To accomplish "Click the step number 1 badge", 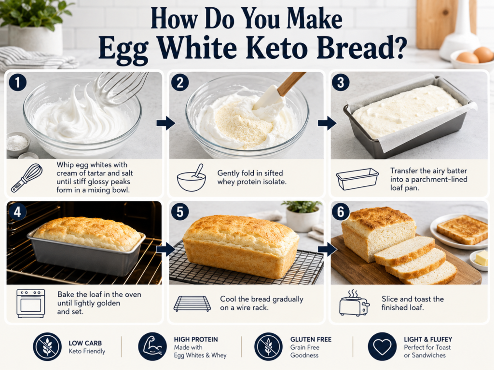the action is coord(18,82).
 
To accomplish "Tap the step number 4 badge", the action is coord(17,211).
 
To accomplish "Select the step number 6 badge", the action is coord(341,211).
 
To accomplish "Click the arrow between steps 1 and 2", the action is coord(166,123).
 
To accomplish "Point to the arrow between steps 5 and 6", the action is coord(328,250).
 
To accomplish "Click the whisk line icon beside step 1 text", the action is coord(27,178).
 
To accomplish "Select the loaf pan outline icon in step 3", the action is coord(357,179).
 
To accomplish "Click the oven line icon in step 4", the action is coord(30,304).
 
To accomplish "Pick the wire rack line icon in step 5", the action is coord(192,304).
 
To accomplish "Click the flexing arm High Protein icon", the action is coord(152,346).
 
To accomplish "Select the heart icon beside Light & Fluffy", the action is coord(382,346).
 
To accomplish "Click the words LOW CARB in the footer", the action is coord(85,343).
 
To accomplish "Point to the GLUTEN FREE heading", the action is coord(311,339).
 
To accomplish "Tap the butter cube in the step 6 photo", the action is coord(481,258).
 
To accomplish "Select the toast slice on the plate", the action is coord(462,229).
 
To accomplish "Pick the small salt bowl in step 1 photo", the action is coord(17,144).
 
